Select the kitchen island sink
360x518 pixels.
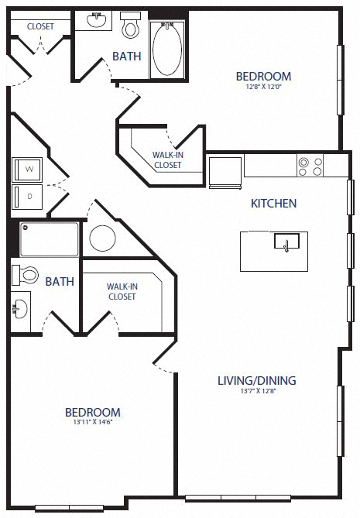click(x=286, y=242)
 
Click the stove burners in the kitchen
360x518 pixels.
click(x=310, y=166)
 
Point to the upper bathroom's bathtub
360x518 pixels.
click(x=167, y=47)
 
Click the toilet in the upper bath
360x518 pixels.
click(x=130, y=27)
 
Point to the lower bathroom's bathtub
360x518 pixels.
click(x=50, y=240)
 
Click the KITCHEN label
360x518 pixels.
click(x=273, y=204)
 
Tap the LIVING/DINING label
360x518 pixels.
click(x=258, y=380)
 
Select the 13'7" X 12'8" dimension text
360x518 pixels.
click(x=258, y=392)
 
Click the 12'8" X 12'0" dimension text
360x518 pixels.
click(x=263, y=87)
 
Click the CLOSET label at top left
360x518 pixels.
click(x=39, y=26)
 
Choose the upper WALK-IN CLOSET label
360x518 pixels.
click(x=167, y=160)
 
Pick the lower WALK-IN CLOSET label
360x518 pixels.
click(x=122, y=291)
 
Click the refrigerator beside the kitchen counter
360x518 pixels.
click(x=225, y=171)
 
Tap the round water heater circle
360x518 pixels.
click(x=103, y=238)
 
